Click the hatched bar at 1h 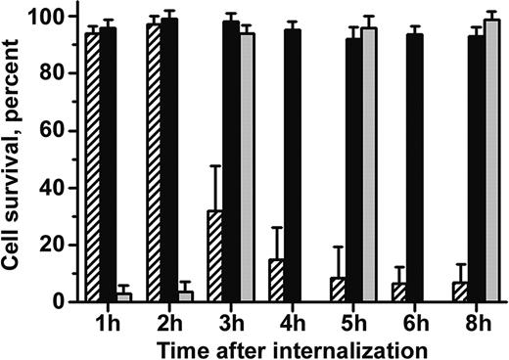tap(93, 166)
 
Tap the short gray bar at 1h tap(123, 296)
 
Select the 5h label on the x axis tap(354, 321)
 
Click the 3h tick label tap(231, 321)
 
